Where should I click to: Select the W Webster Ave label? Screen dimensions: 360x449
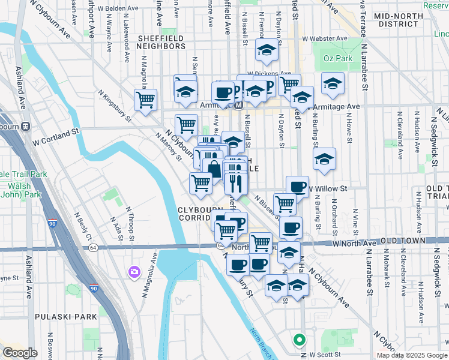(325, 38)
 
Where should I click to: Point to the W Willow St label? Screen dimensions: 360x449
(328, 188)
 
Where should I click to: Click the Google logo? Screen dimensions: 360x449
(20, 353)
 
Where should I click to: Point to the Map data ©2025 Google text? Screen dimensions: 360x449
(412, 355)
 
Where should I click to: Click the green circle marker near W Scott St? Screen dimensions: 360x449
(299, 340)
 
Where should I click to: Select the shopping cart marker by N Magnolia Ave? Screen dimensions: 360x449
(145, 100)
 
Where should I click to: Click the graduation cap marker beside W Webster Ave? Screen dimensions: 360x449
(266, 50)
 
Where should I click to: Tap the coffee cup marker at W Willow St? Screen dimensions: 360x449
(297, 187)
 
